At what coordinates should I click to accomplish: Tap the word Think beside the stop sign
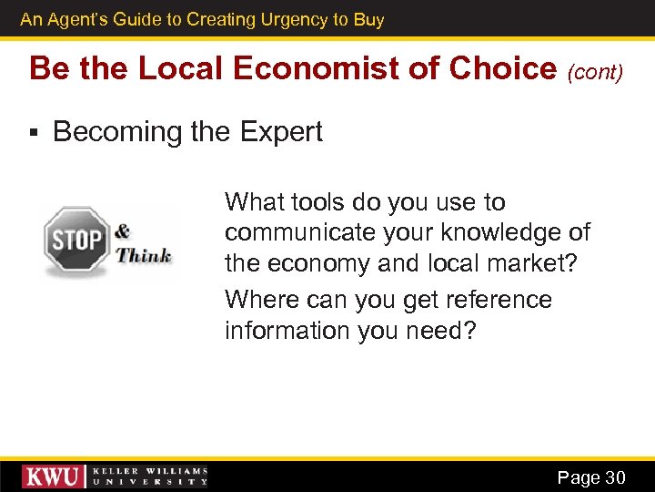(x=144, y=254)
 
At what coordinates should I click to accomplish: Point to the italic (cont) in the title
(x=596, y=72)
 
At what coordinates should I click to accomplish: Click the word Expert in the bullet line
(x=281, y=132)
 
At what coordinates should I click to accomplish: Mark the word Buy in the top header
(x=369, y=19)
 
